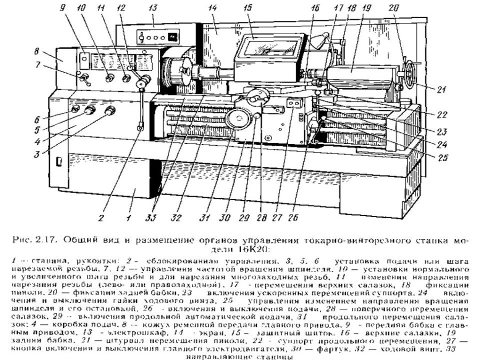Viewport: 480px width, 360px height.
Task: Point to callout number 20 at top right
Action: [x=393, y=9]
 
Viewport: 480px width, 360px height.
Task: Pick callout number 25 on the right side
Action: [x=442, y=158]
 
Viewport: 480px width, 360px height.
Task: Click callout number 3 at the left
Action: [x=37, y=155]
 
